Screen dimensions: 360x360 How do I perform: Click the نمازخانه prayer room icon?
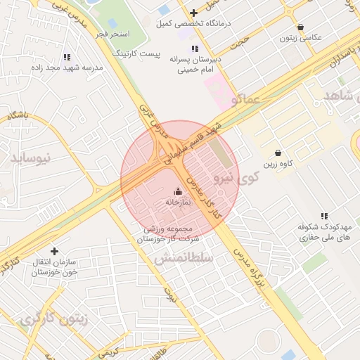(x=177, y=191)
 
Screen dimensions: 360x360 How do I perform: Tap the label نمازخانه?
(x=179, y=202)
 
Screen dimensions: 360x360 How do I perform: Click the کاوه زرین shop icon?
(x=278, y=153)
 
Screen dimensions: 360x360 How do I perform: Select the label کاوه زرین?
(x=278, y=165)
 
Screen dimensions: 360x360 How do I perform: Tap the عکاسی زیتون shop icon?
(x=300, y=27)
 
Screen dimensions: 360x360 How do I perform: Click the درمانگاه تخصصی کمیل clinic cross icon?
(x=193, y=13)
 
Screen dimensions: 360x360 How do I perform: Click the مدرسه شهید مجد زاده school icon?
(x=67, y=57)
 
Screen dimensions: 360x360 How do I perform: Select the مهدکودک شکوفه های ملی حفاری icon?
(x=324, y=216)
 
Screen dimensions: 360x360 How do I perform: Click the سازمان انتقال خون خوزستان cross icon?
(x=54, y=250)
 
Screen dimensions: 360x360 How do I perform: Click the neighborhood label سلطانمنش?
(x=184, y=259)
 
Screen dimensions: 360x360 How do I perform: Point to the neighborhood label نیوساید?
(x=32, y=157)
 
